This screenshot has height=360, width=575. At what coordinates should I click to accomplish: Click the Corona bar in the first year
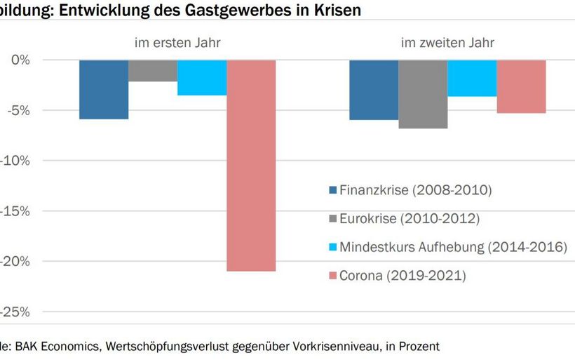pyautogui.click(x=251, y=165)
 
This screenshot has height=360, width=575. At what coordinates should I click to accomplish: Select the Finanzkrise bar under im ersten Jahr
pyautogui.click(x=104, y=89)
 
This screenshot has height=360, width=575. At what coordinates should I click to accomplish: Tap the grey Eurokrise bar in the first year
pyautogui.click(x=153, y=70)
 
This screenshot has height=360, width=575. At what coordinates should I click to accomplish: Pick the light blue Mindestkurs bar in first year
pyautogui.click(x=202, y=77)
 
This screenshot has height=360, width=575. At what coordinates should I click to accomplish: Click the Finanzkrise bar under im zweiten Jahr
pyautogui.click(x=374, y=90)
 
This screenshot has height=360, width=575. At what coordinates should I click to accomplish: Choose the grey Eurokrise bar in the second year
pyautogui.click(x=423, y=94)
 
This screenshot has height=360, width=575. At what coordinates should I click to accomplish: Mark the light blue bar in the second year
pyautogui.click(x=472, y=78)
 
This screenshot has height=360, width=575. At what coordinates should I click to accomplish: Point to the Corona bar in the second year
pyautogui.click(x=521, y=86)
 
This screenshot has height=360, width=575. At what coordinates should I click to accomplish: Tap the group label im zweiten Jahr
pyautogui.click(x=447, y=43)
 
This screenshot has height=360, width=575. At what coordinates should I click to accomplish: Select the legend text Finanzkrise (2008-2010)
pyautogui.click(x=416, y=190)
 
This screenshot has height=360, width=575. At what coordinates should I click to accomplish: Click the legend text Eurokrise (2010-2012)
pyautogui.click(x=410, y=219)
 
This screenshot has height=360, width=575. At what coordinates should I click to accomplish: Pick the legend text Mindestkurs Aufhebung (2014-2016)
pyautogui.click(x=453, y=247)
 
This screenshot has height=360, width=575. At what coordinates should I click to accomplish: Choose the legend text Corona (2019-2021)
pyautogui.click(x=402, y=276)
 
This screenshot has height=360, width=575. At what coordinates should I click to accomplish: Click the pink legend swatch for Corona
pyautogui.click(x=332, y=276)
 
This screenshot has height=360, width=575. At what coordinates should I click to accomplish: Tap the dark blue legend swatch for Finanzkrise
pyautogui.click(x=332, y=190)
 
